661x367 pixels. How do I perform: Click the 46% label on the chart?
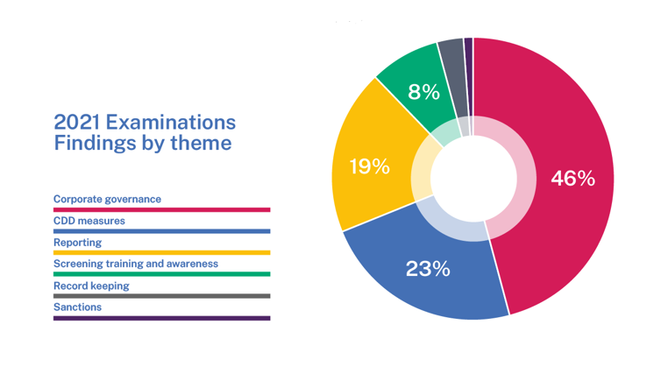point(572,179)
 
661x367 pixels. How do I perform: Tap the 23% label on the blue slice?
point(428,269)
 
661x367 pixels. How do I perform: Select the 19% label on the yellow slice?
point(369,166)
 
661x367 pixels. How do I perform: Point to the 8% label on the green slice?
point(423,91)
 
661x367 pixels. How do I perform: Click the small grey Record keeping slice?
point(451,57)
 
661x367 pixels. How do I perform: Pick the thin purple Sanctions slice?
point(469,53)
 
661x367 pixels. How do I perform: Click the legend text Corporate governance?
point(107,199)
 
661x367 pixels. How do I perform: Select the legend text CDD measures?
point(89,221)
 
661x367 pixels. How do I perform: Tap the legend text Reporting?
point(77,242)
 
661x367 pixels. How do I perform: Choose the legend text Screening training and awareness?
point(135,264)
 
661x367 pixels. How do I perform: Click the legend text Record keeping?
point(91,286)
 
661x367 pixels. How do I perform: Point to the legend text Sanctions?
point(77,307)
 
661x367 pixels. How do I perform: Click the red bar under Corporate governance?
point(161,210)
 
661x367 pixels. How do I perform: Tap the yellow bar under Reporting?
point(161,253)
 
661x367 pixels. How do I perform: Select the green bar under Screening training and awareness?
point(161,274)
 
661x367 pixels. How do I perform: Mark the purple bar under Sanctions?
point(161,318)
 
